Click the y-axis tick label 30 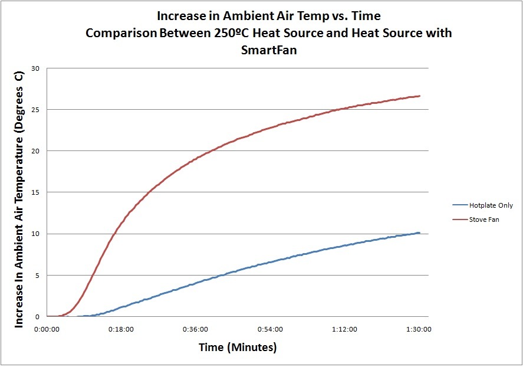pos(35,68)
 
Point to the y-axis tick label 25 pos(35,110)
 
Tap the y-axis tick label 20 pos(35,151)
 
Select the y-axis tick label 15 pos(35,192)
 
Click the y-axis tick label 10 pos(35,234)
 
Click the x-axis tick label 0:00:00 pos(47,329)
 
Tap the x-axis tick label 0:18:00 pos(121,329)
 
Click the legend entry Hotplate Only pos(491,206)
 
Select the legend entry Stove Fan pos(484,219)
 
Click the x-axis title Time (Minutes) pos(237,347)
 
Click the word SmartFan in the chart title pos(268,50)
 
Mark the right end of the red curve pos(420,96)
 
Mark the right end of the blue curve pos(419,233)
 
